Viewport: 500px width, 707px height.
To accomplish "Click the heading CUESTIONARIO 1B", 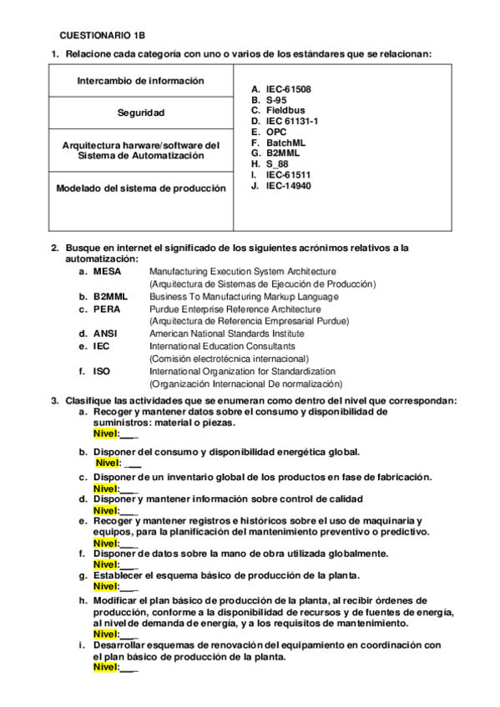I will coord(102,36).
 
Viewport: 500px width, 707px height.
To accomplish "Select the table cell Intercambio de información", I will coord(140,81).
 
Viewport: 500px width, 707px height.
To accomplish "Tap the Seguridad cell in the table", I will coord(140,113).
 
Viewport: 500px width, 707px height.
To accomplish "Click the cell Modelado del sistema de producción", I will coord(140,188).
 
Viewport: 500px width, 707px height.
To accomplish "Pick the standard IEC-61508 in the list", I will coord(289,88).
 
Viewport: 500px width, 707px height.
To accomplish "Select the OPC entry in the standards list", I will coord(276,132).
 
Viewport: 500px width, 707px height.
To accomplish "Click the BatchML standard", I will coord(285,143).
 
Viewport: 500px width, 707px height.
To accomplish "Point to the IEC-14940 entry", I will coord(289,186).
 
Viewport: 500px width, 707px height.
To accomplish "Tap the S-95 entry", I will coord(279,99).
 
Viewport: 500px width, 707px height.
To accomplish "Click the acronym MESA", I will coord(107,271).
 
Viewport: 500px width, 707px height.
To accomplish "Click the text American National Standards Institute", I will coord(226,333).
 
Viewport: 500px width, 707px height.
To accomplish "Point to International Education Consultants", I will coord(221,346).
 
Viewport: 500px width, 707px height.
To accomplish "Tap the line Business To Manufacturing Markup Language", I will coord(244,296).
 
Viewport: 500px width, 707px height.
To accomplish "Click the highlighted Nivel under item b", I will coord(108,463).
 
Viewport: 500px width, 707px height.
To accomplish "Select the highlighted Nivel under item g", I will coord(104,586).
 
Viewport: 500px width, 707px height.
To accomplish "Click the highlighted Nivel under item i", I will coord(104,668).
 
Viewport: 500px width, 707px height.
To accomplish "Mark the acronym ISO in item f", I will coord(102,371).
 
